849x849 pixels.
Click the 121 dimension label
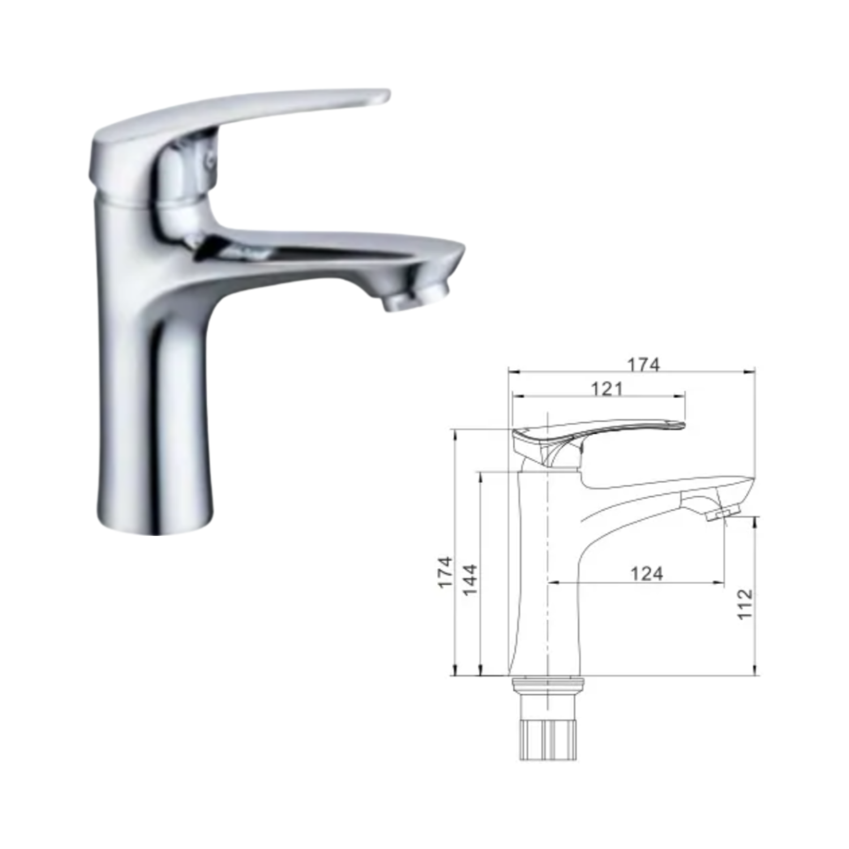point(607,389)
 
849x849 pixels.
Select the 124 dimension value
point(646,574)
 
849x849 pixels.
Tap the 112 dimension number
point(745,604)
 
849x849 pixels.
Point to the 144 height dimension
point(470,580)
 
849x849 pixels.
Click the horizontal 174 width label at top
point(644,365)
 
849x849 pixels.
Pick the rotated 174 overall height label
point(446,572)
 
